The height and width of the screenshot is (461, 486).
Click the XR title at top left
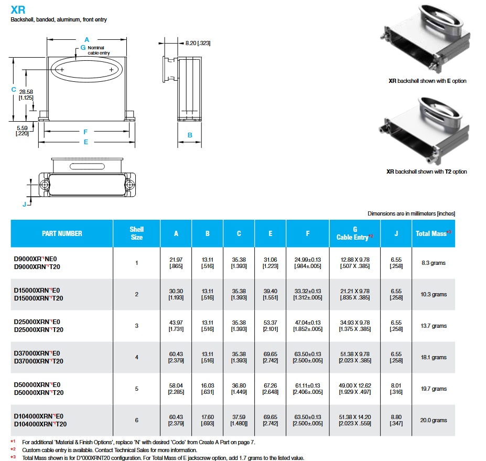[17, 9]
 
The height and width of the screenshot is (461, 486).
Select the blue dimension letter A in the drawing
[87, 39]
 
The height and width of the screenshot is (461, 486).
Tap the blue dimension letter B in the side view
[190, 135]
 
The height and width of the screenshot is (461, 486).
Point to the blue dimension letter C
[13, 90]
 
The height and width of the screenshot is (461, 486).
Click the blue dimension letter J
[24, 204]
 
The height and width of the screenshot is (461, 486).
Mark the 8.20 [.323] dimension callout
[197, 43]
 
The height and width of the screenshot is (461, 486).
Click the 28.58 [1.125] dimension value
[26, 94]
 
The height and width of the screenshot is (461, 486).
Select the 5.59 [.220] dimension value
[23, 130]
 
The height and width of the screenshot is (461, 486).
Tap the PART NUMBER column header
[62, 233]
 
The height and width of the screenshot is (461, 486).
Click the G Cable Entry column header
[354, 233]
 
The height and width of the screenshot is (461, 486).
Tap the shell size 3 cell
[136, 326]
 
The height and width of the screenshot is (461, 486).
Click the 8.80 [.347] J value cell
[396, 420]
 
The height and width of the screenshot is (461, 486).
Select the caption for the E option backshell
[427, 81]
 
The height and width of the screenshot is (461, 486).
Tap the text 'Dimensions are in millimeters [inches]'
[411, 213]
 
